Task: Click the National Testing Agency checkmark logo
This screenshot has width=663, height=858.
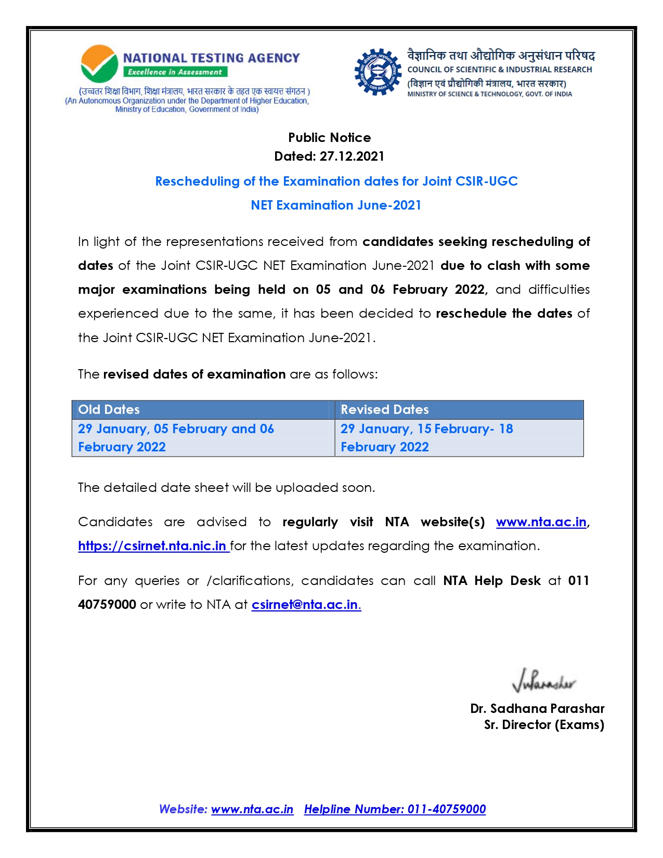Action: point(99,64)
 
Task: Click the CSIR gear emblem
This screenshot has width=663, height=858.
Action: point(378,72)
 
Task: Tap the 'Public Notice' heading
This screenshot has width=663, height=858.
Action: point(330,138)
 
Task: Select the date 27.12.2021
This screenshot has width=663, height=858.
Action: point(352,157)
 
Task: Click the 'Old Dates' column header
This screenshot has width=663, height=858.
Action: point(109,410)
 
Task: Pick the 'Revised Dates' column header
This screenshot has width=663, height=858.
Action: point(385,410)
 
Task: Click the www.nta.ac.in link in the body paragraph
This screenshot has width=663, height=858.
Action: point(541,522)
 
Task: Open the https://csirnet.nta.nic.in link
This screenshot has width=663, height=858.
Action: point(153,546)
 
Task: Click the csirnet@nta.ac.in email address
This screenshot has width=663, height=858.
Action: point(306,605)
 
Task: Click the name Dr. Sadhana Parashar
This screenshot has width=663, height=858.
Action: point(537,709)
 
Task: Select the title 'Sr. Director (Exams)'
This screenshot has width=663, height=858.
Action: point(544,725)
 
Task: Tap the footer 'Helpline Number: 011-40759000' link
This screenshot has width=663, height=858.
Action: point(395,809)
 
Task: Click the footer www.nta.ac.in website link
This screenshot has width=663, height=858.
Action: point(252,809)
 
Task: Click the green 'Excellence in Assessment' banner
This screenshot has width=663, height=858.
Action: point(175,72)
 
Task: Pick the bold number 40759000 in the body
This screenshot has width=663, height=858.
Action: point(107,605)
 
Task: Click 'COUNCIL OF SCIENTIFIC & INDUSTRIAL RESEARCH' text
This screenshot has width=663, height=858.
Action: point(500,70)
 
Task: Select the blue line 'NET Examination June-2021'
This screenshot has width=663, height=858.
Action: point(336,205)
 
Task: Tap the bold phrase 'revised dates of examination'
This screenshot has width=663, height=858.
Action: point(194,374)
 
